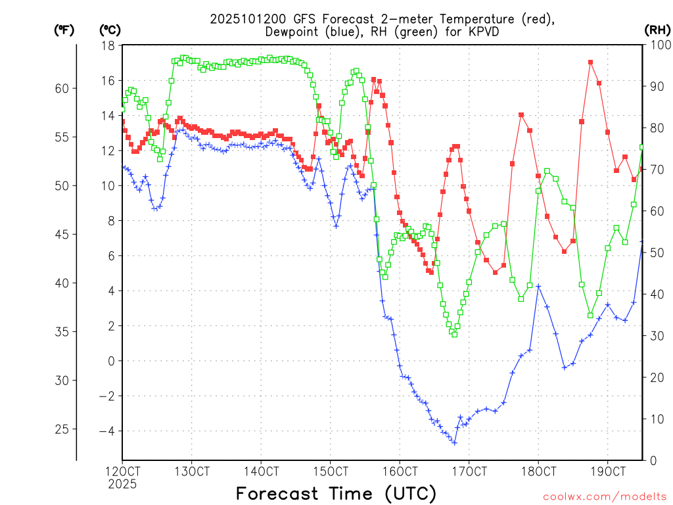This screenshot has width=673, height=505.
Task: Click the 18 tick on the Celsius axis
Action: coord(108,45)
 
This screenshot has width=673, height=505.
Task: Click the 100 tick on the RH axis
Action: coord(658,45)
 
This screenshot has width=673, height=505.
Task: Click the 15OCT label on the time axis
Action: coord(330,472)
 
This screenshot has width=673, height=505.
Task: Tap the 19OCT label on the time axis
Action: coord(607,472)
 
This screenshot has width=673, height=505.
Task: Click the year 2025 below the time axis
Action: coord(122,484)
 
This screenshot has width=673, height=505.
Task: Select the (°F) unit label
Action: coord(64,30)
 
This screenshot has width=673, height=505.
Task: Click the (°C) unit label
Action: coord(110,30)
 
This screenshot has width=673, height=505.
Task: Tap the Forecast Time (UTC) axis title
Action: coord(336,493)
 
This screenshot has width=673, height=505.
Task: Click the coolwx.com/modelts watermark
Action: coord(604,496)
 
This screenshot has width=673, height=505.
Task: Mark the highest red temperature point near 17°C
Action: coord(591,62)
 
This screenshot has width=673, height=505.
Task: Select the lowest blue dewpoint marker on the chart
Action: coord(454,443)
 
